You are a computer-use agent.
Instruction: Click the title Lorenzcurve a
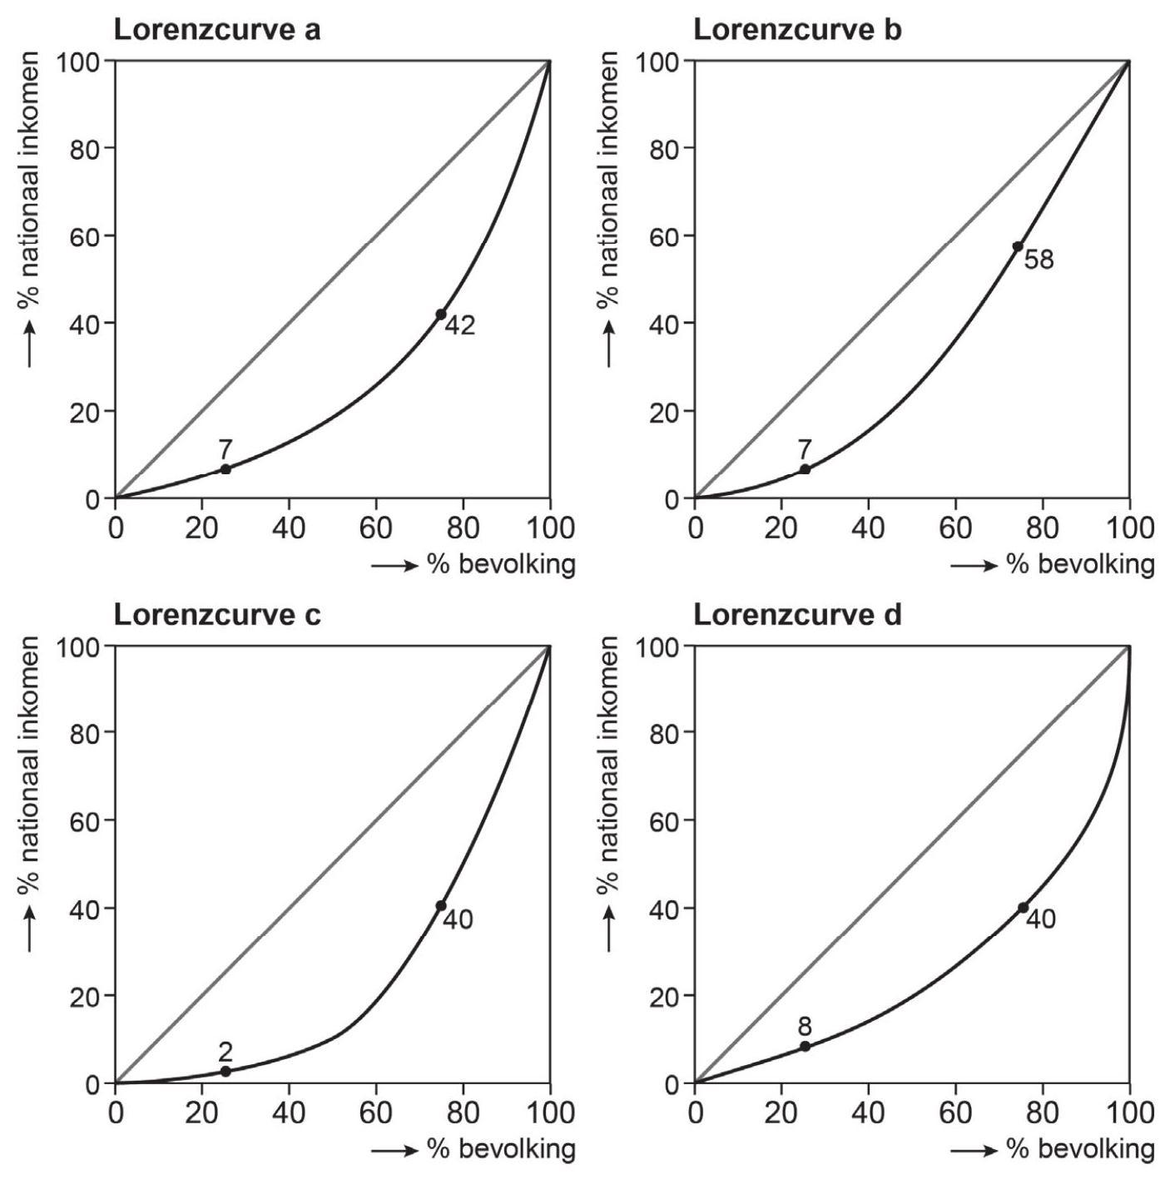tap(216, 30)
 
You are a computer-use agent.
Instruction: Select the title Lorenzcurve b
tap(796, 30)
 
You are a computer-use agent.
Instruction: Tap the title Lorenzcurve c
tap(216, 615)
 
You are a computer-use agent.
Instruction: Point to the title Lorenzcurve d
tap(796, 615)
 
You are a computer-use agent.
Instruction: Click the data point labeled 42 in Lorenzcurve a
tap(440, 315)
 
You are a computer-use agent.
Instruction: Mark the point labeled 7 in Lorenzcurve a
tap(225, 469)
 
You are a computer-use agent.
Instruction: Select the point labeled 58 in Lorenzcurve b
tap(1018, 246)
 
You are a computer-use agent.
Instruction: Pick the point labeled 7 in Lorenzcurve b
tap(805, 469)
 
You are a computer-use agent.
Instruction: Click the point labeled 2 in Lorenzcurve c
tap(225, 1071)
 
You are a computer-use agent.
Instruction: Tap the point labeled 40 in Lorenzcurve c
tap(440, 906)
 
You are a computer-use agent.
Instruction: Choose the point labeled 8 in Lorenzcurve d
tap(805, 1046)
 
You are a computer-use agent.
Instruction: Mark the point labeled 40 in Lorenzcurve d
tap(1023, 908)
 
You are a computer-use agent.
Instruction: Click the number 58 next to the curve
tap(1039, 260)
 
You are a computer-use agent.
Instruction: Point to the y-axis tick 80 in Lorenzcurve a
tap(86, 149)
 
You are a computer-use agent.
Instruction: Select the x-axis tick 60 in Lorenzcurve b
tap(955, 527)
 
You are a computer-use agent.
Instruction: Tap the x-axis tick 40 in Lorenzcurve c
tap(288, 1112)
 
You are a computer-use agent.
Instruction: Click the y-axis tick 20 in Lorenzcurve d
tap(665, 996)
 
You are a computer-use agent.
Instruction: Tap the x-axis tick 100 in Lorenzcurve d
tap(1129, 1112)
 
